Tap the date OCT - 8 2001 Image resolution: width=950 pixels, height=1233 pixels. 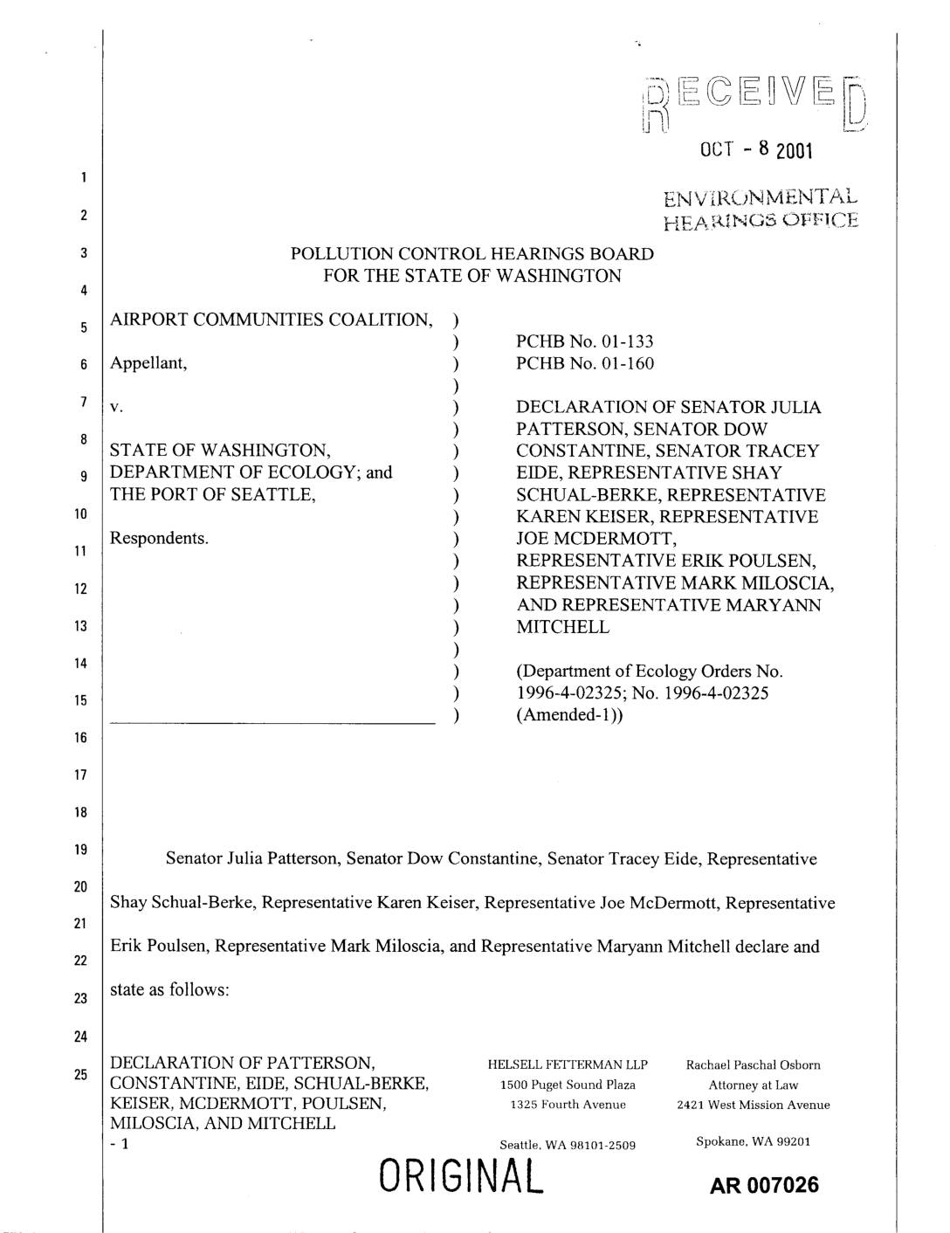[756, 150]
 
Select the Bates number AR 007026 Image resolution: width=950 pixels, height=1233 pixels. [765, 1184]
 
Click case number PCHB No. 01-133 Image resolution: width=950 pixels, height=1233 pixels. [584, 341]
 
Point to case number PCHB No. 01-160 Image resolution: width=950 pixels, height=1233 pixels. [584, 363]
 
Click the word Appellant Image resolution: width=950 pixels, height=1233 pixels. [148, 363]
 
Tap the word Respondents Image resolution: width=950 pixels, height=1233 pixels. [159, 538]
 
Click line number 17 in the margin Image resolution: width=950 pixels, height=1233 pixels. [80, 775]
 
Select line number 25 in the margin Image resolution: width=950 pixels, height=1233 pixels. [80, 1075]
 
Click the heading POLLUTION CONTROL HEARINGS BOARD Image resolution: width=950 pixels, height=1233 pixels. [472, 254]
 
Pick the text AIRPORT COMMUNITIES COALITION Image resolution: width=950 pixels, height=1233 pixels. [271, 320]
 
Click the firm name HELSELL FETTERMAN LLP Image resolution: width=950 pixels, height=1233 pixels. [568, 1065]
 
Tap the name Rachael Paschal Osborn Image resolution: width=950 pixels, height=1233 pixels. [753, 1065]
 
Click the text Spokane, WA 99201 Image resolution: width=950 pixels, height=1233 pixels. [753, 1141]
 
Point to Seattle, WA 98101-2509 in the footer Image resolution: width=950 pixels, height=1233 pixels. [568, 1145]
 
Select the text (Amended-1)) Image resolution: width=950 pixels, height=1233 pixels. [569, 715]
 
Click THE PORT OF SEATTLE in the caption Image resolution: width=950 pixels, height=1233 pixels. [212, 494]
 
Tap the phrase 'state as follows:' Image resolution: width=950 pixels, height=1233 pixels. [169, 990]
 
